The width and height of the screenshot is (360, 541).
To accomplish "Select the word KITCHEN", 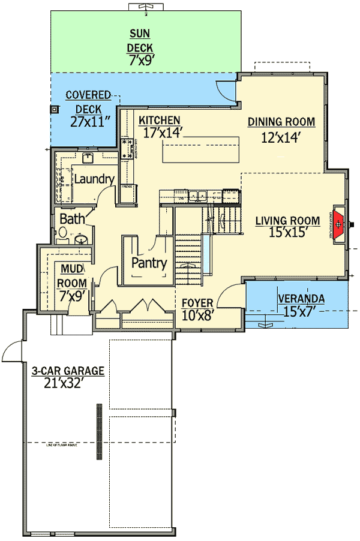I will pos(160,121).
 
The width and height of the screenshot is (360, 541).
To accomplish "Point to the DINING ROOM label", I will pos(281,122).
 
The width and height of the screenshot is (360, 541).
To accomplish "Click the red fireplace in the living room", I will pos(339,224).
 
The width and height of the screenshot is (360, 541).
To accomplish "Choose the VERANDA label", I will pos(301,298).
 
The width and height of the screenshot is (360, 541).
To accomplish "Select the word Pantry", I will pos(149,263).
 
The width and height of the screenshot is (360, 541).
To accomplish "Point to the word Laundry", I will pos(94,179).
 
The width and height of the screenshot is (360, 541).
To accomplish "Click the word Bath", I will pos(72,219).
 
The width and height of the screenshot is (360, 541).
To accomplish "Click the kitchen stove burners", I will pos(127,149).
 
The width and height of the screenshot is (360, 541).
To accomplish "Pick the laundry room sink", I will pos(88,158).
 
